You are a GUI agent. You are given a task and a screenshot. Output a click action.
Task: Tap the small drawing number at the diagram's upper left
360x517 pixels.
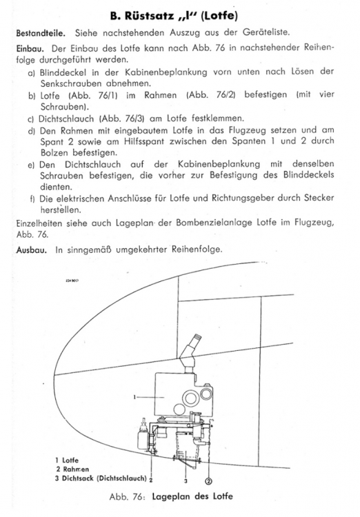coord(71,281)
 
